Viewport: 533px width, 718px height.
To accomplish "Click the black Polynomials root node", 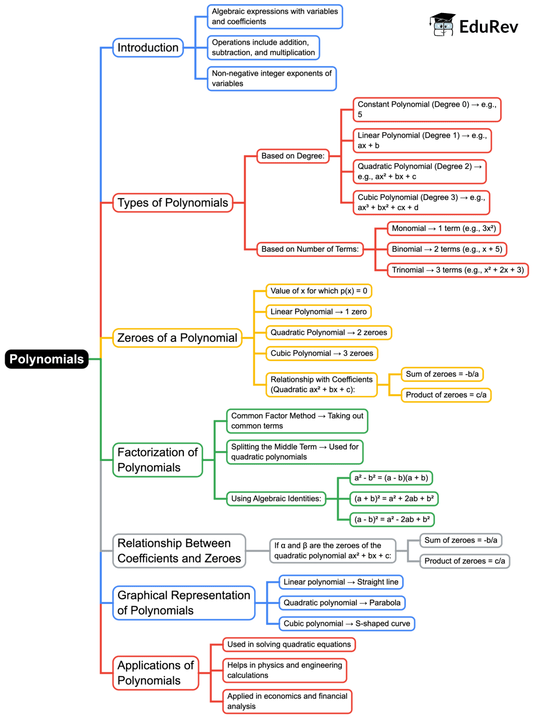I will point(46,359).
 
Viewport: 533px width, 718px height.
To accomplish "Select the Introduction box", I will point(148,47).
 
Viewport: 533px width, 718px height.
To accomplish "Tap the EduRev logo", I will point(474,25).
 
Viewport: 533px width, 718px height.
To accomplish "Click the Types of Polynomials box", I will point(172,202).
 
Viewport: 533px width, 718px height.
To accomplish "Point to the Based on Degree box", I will point(293,156).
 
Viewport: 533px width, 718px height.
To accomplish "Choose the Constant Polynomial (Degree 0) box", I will point(426,109).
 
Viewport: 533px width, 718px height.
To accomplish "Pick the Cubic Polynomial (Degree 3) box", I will point(421,202).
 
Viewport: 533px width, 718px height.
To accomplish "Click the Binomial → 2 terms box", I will point(447,249).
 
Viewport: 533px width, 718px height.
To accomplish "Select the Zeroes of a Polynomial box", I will point(177,338).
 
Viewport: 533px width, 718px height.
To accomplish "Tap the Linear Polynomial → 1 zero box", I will point(318,312).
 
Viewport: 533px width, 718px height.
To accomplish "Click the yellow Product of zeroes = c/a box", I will point(446,395).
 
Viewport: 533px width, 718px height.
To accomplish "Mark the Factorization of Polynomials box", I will point(157,460).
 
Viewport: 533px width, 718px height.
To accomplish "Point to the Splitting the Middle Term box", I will point(295,452).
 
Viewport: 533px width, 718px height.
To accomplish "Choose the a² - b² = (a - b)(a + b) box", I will point(391,478).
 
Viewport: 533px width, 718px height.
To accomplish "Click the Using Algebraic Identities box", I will point(276,498).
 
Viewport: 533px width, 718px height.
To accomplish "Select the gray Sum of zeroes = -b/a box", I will point(461,540).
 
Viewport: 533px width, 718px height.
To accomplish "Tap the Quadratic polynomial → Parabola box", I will point(341,602).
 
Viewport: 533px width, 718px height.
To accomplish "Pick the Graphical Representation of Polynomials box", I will point(183,602).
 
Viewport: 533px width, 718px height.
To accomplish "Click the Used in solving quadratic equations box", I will point(288,644).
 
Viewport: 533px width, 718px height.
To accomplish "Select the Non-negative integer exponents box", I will point(271,78).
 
